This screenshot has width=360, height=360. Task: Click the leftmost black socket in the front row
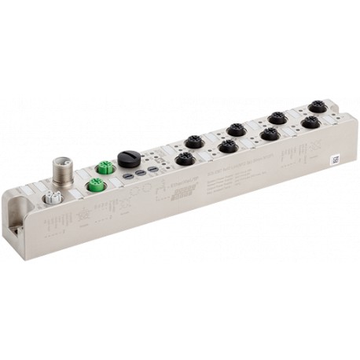click(185, 160)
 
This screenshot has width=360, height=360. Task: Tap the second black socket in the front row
click(228, 146)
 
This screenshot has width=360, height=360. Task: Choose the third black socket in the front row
click(270, 134)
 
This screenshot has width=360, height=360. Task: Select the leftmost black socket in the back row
click(191, 142)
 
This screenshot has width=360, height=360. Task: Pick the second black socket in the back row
click(233, 129)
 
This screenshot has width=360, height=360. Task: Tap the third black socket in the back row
click(276, 117)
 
